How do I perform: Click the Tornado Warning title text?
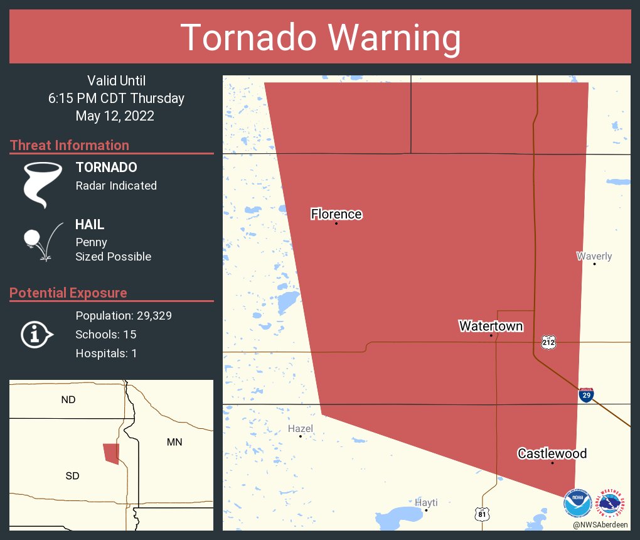click(320, 38)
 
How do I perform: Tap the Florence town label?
click(336, 214)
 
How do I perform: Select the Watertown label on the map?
click(491, 326)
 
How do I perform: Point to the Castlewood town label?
click(552, 453)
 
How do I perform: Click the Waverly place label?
click(594, 256)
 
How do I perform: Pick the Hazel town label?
click(300, 428)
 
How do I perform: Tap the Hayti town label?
click(426, 502)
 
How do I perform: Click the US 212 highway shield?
click(548, 342)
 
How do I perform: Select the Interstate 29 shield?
click(586, 395)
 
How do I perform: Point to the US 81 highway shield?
click(481, 513)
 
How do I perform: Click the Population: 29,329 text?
click(124, 315)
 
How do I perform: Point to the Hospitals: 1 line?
click(106, 353)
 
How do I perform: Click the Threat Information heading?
click(70, 145)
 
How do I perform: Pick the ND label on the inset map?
click(68, 399)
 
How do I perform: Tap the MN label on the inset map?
click(174, 442)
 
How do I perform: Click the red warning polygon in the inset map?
click(112, 453)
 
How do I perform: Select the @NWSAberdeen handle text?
click(600, 524)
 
